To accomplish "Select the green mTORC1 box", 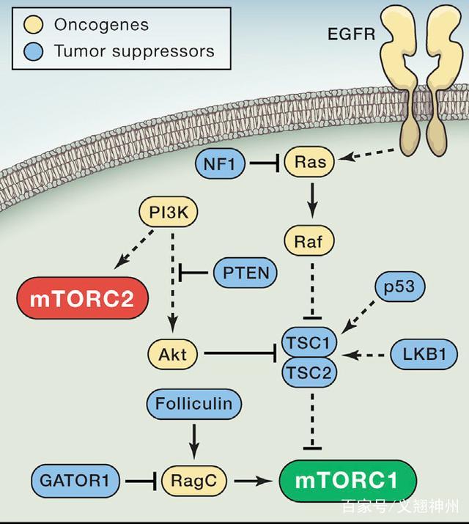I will (347, 481).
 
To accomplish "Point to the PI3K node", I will (169, 215).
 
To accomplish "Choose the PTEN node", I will (245, 273).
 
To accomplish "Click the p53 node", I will (399, 287).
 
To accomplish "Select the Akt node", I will (173, 355).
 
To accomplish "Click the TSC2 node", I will (309, 371).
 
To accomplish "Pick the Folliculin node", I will (193, 403).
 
